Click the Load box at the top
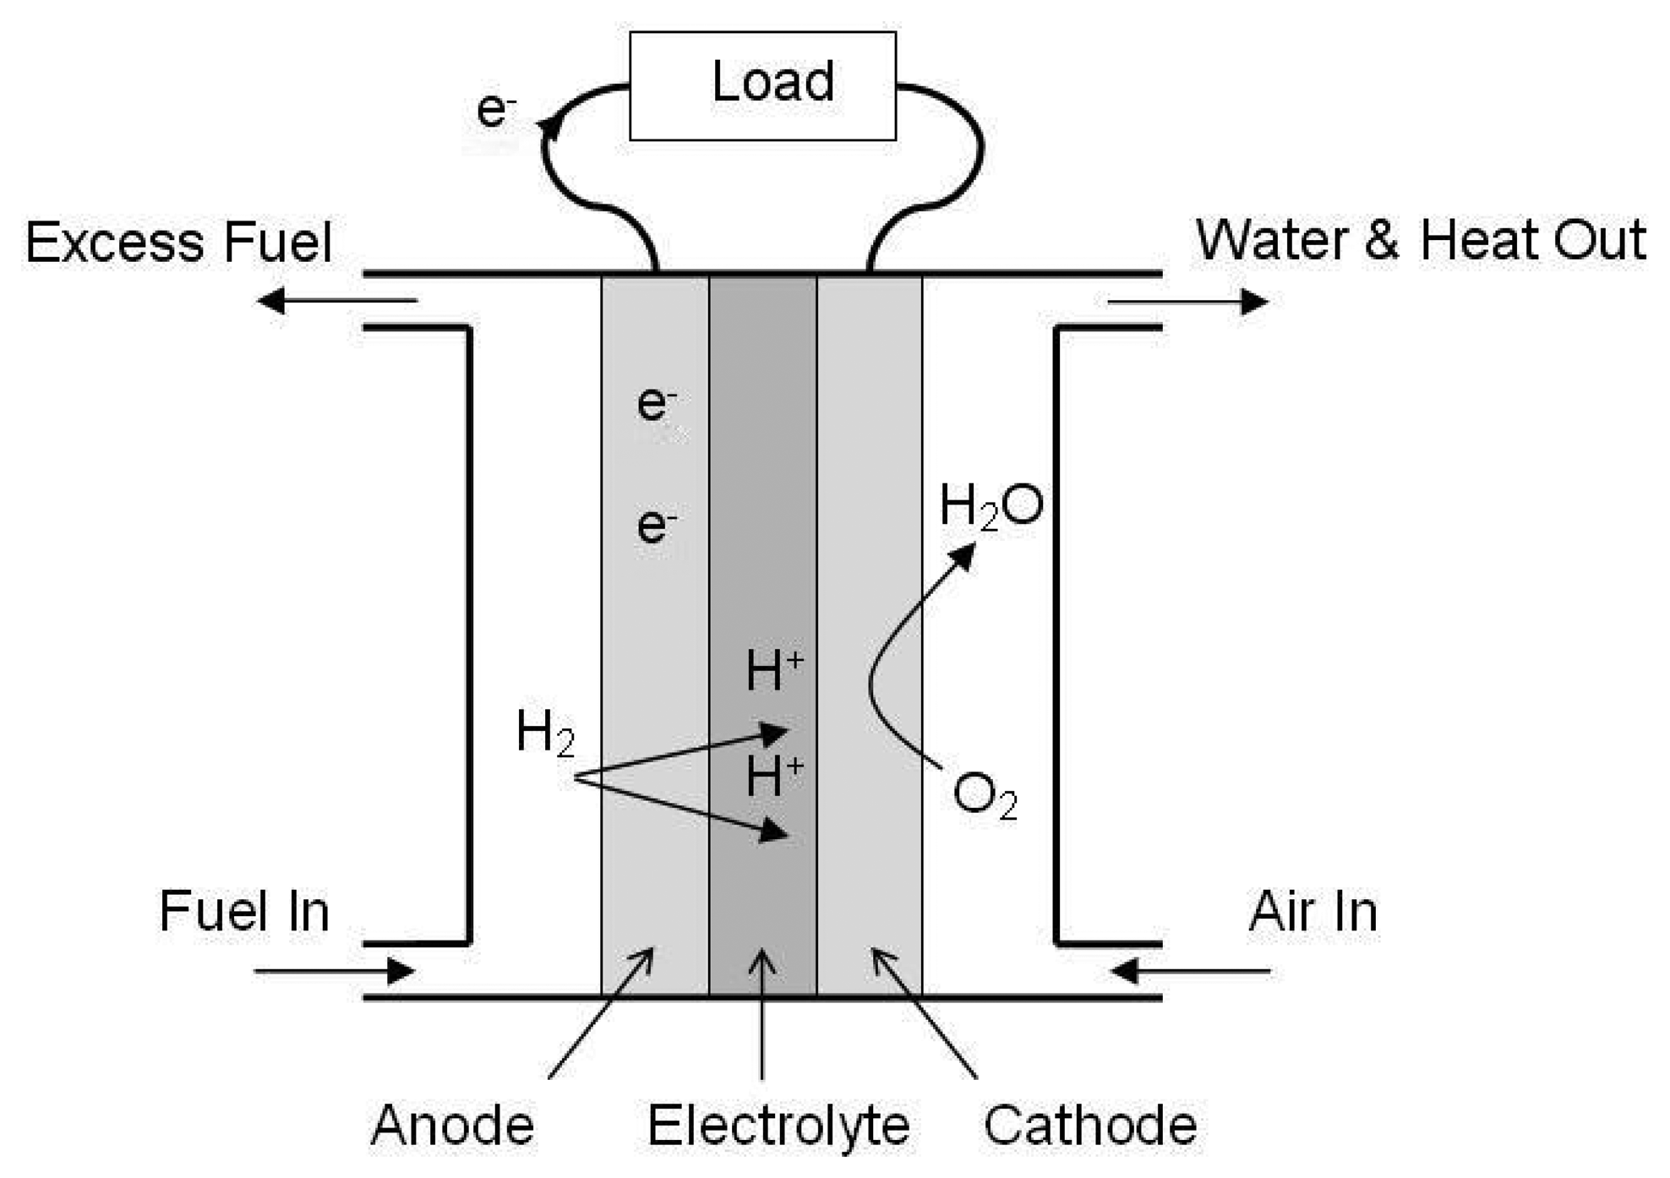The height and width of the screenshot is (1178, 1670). pos(762,85)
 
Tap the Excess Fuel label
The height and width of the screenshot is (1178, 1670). pos(178,243)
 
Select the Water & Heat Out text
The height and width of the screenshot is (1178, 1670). pos(1420,240)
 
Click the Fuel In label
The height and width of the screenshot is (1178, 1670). pos(244,911)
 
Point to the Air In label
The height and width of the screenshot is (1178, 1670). pos(1313,911)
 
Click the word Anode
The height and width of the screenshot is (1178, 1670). pos(452,1125)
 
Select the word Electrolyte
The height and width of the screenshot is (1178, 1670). pos(778,1125)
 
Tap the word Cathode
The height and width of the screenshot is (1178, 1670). pos(1089,1125)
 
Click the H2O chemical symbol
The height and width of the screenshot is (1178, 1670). pos(991,506)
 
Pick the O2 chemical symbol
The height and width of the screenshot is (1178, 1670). pos(985,796)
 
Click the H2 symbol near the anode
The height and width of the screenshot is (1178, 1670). pos(545,732)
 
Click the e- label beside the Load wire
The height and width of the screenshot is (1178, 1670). pos(496,110)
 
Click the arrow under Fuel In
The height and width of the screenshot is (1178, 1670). pos(334,971)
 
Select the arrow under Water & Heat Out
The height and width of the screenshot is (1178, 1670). pos(1187,301)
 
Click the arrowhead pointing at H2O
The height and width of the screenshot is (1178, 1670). pos(963,556)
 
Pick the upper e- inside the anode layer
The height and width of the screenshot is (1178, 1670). pos(656,403)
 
